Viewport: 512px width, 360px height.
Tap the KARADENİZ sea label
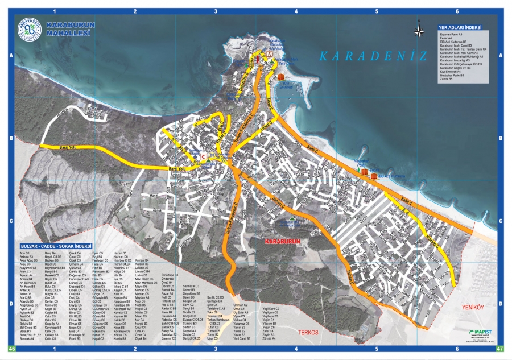tap(373, 56)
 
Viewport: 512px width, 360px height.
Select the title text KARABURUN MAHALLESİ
tap(68, 30)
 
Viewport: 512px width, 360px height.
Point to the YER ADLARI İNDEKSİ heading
tap(461, 27)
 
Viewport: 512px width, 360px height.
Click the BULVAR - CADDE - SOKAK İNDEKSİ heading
tap(60, 246)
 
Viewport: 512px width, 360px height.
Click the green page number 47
tap(500, 349)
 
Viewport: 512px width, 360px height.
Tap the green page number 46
tap(11, 349)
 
